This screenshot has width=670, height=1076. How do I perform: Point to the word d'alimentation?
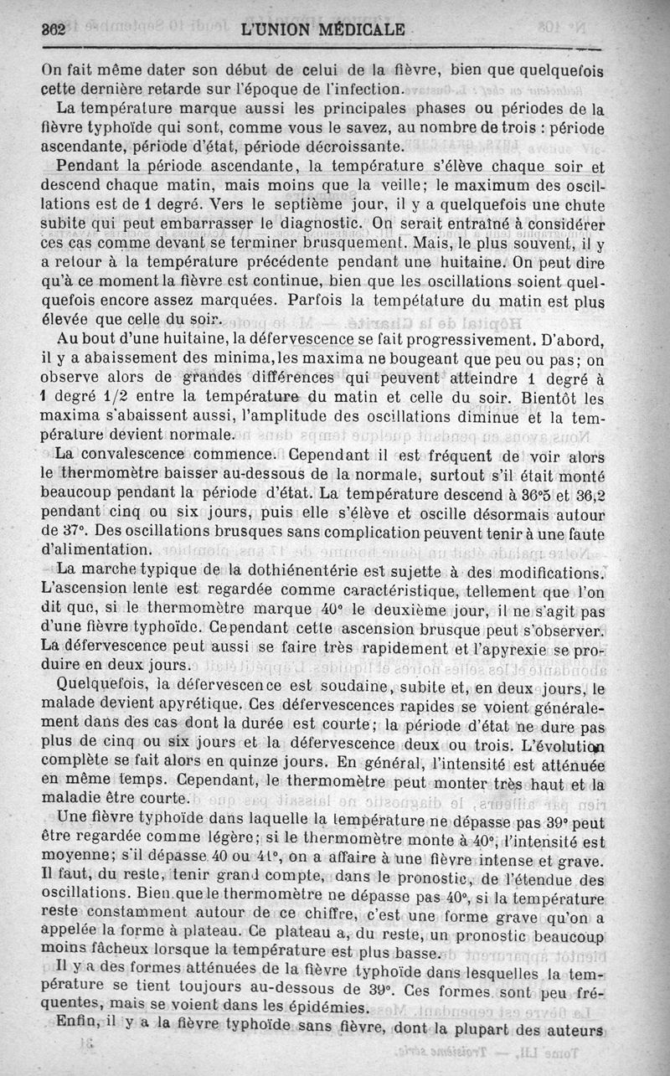[96, 550]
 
